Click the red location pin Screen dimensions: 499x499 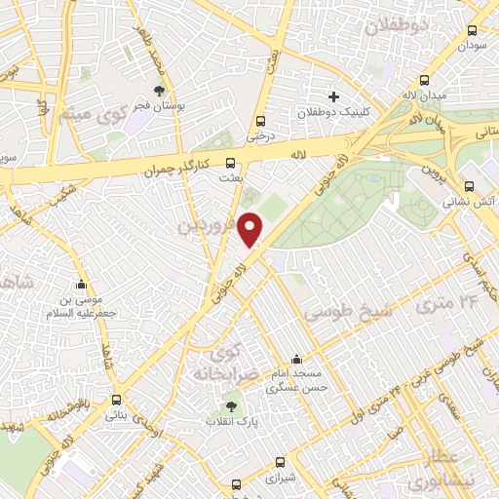tap(251, 228)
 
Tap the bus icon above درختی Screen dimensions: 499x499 tap(259, 121)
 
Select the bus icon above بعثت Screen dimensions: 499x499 tap(231, 164)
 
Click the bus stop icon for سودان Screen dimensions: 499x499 tap(473, 30)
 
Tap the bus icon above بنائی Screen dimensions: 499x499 tap(117, 400)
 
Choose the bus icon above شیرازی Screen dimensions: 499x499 tap(281, 463)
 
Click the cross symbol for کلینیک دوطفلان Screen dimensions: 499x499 tap(333, 96)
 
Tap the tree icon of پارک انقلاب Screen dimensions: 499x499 tap(232, 406)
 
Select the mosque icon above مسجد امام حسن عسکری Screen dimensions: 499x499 tap(296, 360)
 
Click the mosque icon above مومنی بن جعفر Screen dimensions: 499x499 tap(82, 285)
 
